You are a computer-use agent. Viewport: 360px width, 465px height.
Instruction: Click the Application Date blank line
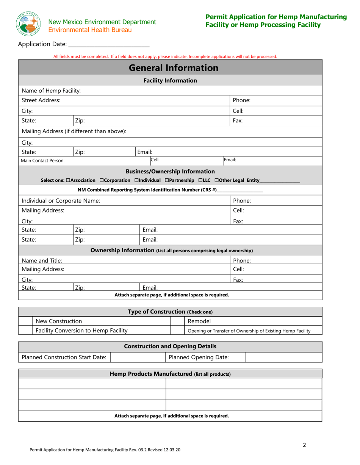coord(109,44)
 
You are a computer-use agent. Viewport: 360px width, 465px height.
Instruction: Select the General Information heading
coord(174,68)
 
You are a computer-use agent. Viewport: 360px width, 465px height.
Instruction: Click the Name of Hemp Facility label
coord(51,91)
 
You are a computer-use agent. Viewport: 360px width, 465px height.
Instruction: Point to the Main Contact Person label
coord(43,161)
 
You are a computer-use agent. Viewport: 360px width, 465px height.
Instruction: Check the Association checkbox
coord(68,180)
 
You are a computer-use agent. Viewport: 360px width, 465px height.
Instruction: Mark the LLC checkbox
coord(200,180)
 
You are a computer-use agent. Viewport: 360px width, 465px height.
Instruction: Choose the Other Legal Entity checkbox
coord(217,180)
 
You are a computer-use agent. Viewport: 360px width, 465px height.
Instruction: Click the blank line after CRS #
coord(240,190)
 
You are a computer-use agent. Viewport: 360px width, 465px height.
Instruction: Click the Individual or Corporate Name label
coord(61,201)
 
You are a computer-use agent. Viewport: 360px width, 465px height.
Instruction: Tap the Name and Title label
coord(42,261)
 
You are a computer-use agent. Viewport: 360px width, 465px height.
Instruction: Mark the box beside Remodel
coord(177,321)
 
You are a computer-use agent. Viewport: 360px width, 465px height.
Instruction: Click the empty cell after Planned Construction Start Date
coord(138,357)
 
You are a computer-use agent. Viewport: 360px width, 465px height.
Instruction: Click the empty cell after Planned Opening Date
coord(284,357)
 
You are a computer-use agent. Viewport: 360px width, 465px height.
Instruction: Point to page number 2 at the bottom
coord(304,445)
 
